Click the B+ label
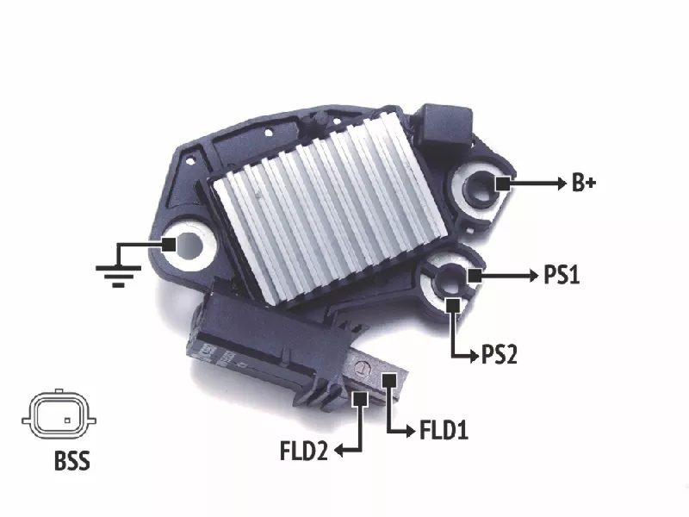pos(584,183)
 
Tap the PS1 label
pos(562,275)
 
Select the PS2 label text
pos(500,354)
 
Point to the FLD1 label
pos(444,430)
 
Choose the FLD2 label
pos(304,451)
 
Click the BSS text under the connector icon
pos(72,461)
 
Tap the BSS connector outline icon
pos(59,414)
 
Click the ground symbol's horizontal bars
pos(118,276)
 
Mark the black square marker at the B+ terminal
pos(504,184)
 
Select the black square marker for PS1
pos(475,276)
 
